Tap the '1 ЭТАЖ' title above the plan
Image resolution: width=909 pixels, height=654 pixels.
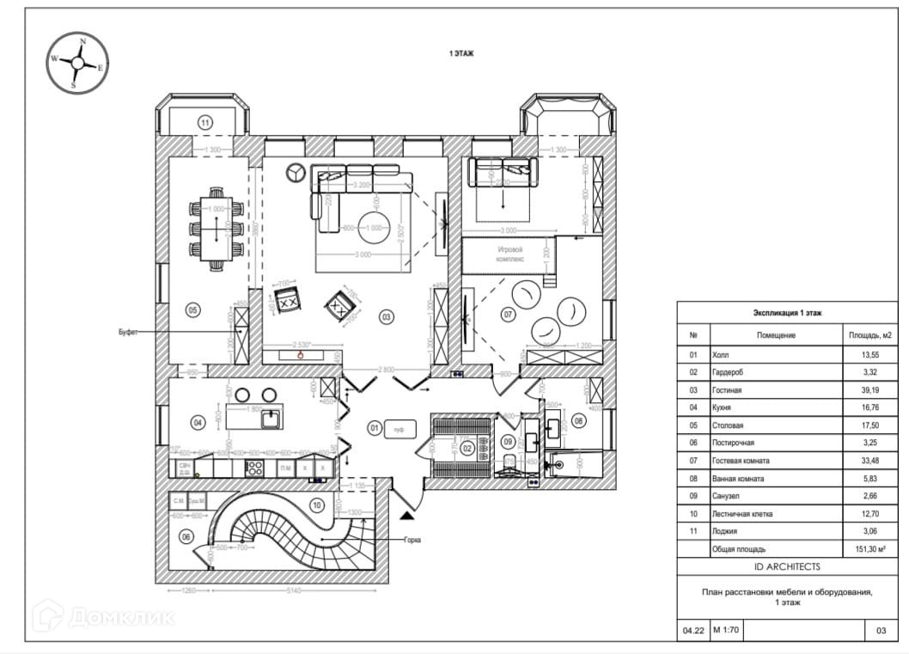click(x=461, y=53)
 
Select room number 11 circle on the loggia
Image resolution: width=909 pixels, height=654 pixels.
click(x=204, y=122)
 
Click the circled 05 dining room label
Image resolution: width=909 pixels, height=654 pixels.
click(x=192, y=309)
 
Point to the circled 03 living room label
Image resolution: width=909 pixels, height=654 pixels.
click(x=387, y=317)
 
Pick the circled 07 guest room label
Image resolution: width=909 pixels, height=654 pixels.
click(x=509, y=315)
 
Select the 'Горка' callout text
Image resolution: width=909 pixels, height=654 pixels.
click(x=416, y=541)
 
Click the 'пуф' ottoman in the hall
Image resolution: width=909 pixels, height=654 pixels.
click(x=399, y=427)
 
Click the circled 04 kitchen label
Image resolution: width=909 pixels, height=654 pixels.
click(x=198, y=422)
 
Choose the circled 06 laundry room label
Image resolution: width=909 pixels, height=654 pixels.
click(x=186, y=536)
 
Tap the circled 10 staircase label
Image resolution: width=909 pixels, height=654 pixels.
click(x=317, y=505)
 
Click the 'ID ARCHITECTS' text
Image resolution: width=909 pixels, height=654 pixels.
click(x=786, y=566)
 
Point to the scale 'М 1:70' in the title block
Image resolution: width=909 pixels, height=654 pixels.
click(x=726, y=631)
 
